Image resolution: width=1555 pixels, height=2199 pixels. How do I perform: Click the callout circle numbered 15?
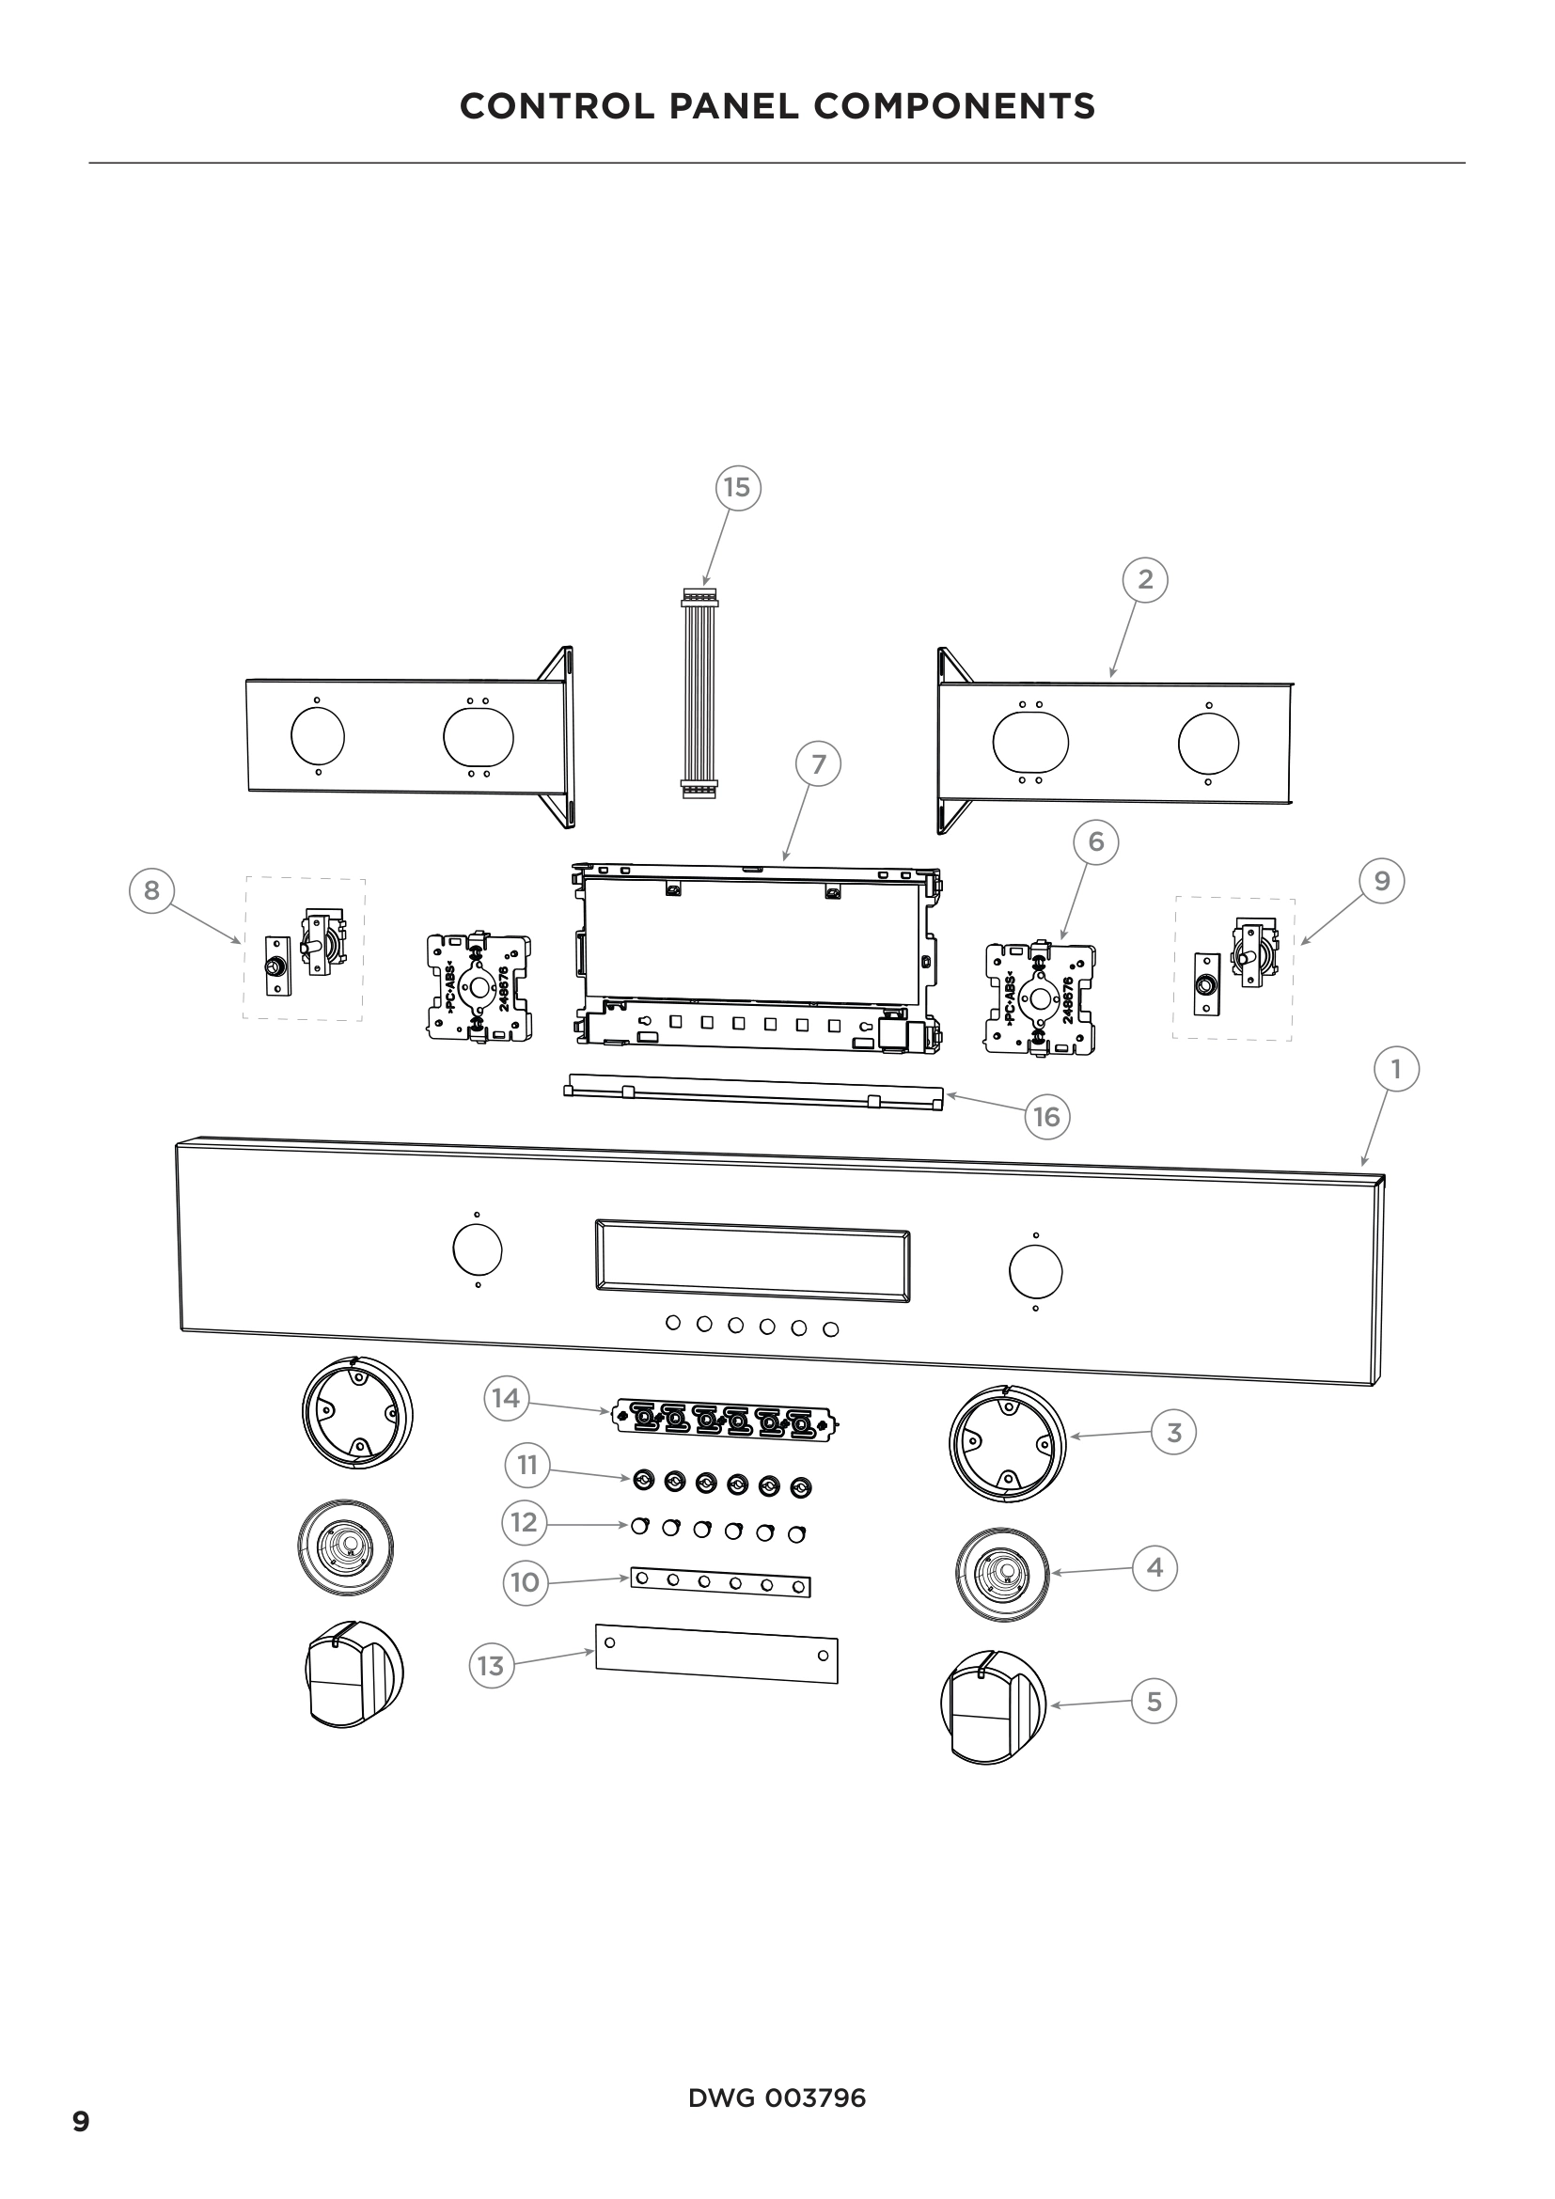(737, 488)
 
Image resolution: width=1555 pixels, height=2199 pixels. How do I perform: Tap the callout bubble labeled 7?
(818, 764)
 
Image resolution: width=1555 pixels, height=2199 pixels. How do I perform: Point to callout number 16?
(1046, 1117)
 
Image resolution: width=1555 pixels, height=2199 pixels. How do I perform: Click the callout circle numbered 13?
(490, 1667)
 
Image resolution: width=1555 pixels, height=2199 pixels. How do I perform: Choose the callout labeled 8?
(151, 890)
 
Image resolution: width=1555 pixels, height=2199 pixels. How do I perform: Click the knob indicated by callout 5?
(992, 1705)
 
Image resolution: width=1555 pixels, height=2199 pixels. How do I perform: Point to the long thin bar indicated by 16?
(754, 1092)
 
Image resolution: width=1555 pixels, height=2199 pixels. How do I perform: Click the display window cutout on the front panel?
(752, 1261)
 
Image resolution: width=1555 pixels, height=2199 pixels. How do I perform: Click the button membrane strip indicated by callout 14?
(724, 1421)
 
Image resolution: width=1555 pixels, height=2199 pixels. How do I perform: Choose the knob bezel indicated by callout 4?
(1001, 1574)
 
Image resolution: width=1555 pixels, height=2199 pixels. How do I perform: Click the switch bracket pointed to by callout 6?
(1040, 998)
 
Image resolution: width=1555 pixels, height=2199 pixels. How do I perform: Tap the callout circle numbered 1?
(1395, 1069)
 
